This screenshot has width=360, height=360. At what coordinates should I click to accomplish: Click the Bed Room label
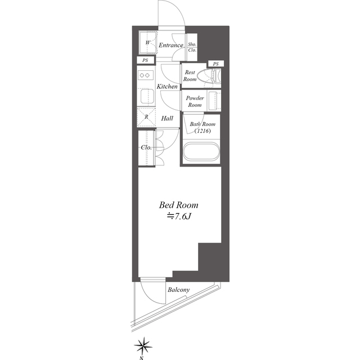(x=178, y=205)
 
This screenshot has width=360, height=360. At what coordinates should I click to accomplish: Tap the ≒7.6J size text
(x=179, y=216)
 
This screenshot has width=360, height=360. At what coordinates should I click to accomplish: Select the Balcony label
(x=179, y=290)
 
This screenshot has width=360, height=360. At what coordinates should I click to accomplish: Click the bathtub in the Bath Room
(x=201, y=151)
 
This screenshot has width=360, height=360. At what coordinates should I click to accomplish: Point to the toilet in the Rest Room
(x=212, y=76)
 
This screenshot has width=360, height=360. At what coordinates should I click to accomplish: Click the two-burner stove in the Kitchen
(x=146, y=75)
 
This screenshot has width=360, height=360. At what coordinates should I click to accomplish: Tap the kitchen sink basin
(x=146, y=97)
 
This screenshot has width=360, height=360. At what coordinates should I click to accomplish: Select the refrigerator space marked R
(x=146, y=118)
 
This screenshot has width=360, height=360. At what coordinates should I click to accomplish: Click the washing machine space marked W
(x=148, y=43)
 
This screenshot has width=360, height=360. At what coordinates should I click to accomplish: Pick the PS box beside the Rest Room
(x=215, y=64)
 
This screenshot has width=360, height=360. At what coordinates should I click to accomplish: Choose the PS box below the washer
(x=145, y=60)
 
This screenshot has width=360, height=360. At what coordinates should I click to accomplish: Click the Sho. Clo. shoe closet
(x=192, y=47)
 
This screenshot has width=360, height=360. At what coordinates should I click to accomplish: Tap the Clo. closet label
(x=146, y=147)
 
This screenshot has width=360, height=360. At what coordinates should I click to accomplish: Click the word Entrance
(x=171, y=45)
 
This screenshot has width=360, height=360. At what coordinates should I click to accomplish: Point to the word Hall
(x=167, y=119)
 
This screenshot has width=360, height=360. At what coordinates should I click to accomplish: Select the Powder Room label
(x=195, y=101)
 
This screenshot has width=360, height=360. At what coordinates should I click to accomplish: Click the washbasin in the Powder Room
(x=214, y=100)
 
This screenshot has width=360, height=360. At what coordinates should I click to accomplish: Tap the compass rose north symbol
(x=143, y=345)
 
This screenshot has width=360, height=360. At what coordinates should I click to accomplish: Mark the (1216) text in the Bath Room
(x=202, y=131)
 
